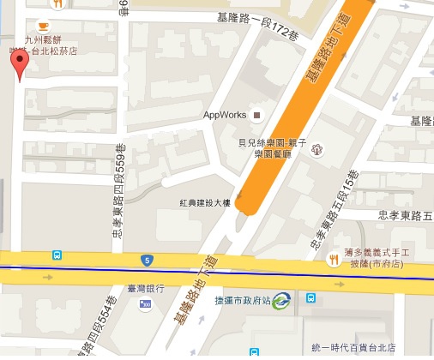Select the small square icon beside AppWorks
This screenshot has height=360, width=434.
pyautogui.click(x=254, y=115)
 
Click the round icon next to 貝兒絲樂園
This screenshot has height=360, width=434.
pyautogui.click(x=316, y=149)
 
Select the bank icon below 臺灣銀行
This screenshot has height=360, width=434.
pyautogui.click(x=147, y=303)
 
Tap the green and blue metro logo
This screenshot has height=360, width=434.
pyautogui.click(x=280, y=300)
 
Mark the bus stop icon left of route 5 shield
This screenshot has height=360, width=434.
pyautogui.click(x=57, y=255)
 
